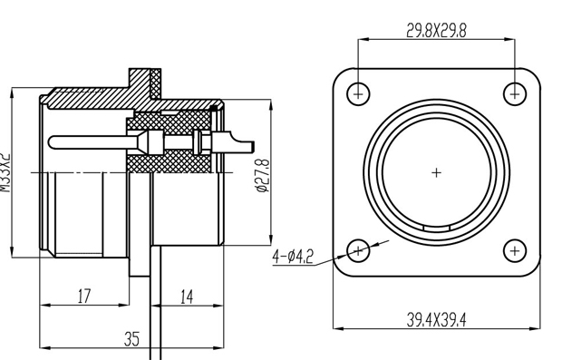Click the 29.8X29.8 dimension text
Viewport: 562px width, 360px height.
(437, 31)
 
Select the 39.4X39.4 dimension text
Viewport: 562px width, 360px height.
(437, 320)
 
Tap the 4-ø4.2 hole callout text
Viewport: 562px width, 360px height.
(293, 257)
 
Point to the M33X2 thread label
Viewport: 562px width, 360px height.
(5, 172)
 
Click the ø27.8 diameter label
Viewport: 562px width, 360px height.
(262, 175)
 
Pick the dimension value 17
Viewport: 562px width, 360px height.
(84, 297)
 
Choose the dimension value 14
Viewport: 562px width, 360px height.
(187, 297)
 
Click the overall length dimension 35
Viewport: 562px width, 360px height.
(131, 339)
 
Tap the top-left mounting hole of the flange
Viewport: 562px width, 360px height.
(358, 94)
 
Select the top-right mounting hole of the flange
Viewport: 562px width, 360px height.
(515, 94)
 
